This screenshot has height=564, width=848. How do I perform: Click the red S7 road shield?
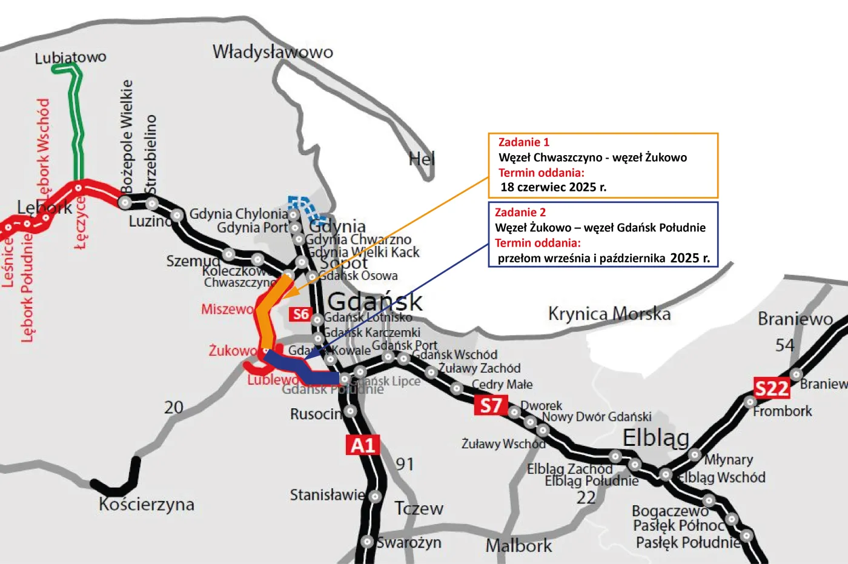point(491,405)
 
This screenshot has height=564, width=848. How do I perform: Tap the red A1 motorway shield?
point(363,445)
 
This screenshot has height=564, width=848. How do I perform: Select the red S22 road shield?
point(771,388)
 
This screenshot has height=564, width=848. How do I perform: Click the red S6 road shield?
point(300,314)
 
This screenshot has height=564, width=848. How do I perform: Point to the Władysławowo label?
point(273,52)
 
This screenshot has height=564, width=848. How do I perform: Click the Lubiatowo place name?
point(70,58)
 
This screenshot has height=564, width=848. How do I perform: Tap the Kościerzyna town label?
point(147,504)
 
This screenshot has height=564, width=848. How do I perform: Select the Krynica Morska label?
point(609,314)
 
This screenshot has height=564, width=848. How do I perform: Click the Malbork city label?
point(518,546)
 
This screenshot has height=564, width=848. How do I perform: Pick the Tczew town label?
point(419,508)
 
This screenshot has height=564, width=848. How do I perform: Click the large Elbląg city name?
point(656,437)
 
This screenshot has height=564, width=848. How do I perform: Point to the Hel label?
point(422,159)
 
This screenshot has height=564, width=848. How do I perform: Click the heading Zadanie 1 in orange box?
point(523,142)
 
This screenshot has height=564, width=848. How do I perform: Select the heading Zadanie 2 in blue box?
point(520,212)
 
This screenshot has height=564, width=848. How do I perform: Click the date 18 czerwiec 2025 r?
point(553,187)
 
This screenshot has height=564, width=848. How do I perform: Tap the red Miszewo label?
point(227,309)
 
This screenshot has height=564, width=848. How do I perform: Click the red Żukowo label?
point(233,351)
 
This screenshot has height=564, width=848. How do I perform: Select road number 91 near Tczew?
point(405,464)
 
